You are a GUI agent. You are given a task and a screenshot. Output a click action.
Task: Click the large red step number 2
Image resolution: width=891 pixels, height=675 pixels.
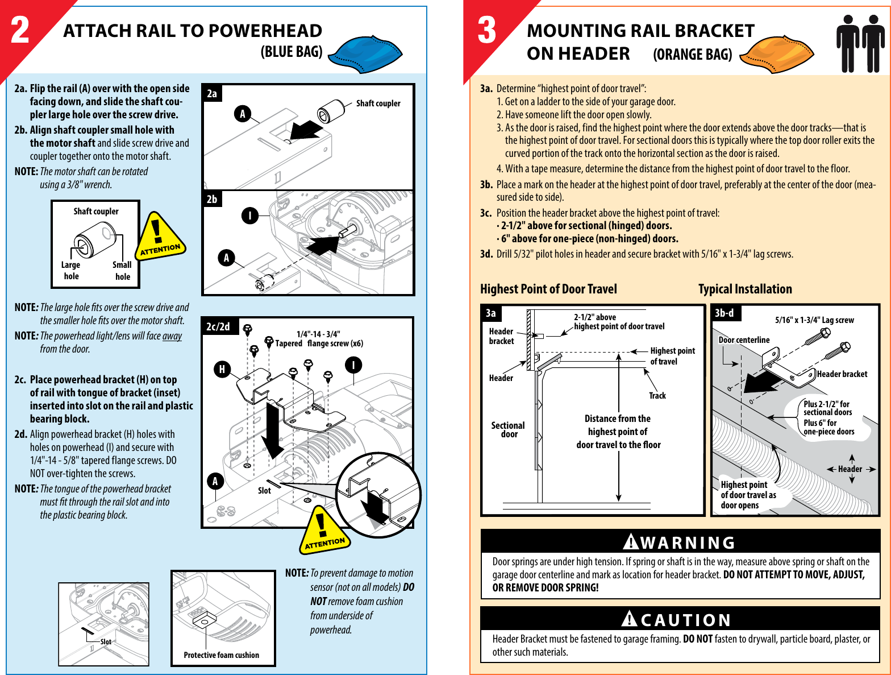point(20,31)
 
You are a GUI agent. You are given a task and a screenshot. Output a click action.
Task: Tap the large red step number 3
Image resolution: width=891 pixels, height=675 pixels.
point(487,31)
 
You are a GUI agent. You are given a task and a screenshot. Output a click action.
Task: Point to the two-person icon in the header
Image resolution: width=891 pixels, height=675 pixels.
point(860,43)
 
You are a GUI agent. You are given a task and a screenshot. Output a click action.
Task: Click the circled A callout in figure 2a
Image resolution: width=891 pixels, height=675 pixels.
point(243,114)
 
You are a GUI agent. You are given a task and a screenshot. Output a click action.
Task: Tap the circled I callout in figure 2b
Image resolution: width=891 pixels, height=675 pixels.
point(249,216)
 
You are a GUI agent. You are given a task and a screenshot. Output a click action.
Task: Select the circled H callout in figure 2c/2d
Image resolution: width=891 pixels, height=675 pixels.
point(222,369)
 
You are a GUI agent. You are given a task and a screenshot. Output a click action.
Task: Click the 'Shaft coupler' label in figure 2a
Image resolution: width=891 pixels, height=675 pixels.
point(378,103)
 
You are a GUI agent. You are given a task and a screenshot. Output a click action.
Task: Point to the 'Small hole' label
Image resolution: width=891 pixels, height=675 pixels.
point(122,271)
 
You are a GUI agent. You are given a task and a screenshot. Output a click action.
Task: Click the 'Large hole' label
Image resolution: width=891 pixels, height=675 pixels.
point(71,271)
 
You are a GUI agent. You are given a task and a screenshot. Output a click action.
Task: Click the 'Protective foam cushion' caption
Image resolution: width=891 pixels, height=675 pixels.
point(221,655)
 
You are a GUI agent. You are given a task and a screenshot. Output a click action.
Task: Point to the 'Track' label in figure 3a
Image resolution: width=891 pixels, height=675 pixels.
point(657,396)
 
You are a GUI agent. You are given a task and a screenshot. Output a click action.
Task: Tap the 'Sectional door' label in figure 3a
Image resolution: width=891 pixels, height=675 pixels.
point(508,430)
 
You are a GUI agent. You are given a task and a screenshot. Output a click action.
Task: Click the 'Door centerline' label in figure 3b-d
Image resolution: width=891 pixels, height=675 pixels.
point(744,340)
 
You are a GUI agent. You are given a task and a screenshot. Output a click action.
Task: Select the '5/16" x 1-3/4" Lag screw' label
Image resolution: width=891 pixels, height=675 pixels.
point(814,320)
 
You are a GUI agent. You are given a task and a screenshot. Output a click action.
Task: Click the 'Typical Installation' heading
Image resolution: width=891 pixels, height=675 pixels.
point(745,289)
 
